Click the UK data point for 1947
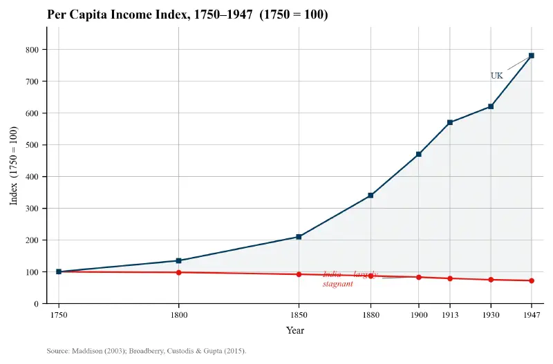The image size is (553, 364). [532, 55]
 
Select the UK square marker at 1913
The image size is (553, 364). [450, 122]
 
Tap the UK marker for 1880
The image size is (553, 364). [371, 195]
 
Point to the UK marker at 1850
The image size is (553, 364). [299, 237]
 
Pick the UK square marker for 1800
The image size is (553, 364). [179, 260]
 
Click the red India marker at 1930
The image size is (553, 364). [491, 280]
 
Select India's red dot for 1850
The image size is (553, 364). [299, 274]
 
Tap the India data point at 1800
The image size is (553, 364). [179, 272]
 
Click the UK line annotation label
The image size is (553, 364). [496, 76]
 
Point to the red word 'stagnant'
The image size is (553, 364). [337, 284]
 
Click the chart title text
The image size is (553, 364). [187, 15]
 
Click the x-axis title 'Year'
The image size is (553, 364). [295, 330]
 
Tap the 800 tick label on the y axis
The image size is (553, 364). [32, 50]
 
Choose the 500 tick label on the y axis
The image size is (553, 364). [32, 145]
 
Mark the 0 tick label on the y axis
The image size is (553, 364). [36, 304]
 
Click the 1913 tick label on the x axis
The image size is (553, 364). [450, 315]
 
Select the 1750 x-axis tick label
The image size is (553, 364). [59, 315]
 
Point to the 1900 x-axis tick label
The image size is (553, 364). [418, 315]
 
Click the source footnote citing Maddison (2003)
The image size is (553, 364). [147, 351]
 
